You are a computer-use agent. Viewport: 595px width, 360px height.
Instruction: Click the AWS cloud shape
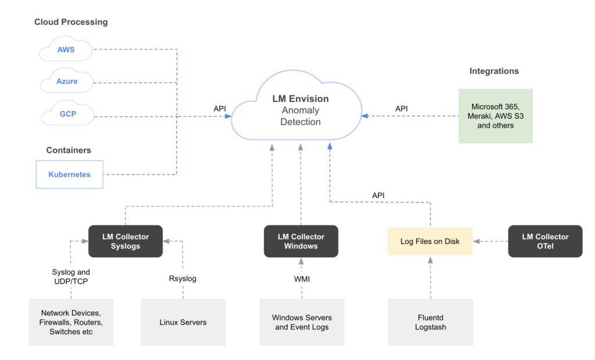66,49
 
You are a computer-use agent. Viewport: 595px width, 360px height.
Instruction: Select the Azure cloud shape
67,81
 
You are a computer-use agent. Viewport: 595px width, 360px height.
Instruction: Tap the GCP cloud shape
67,113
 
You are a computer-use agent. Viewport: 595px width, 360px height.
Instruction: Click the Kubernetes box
70,175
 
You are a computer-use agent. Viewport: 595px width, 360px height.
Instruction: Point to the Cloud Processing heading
71,22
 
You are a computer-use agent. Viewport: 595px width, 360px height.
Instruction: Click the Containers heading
69,150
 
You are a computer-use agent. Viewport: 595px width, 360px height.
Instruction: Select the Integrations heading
494,71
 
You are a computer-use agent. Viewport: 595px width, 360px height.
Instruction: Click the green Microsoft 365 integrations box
496,116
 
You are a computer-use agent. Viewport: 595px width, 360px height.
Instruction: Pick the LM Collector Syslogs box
126,242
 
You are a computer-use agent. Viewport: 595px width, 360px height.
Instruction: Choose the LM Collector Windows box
301,242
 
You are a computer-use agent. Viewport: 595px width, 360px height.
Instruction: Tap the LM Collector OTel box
545,242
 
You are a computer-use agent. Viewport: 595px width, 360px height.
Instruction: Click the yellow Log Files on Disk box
430,242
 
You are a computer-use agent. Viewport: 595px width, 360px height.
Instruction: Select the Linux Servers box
183,322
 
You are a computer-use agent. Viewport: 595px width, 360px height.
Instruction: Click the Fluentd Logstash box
431,322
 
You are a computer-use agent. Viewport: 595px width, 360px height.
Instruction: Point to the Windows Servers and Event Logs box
302,322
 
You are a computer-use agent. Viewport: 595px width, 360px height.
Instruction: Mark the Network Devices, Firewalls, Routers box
71,322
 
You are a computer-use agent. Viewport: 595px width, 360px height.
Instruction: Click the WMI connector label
302,279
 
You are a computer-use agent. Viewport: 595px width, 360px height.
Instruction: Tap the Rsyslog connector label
182,279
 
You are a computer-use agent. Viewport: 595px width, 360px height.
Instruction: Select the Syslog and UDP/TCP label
71,276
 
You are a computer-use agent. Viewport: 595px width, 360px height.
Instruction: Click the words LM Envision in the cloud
300,99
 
